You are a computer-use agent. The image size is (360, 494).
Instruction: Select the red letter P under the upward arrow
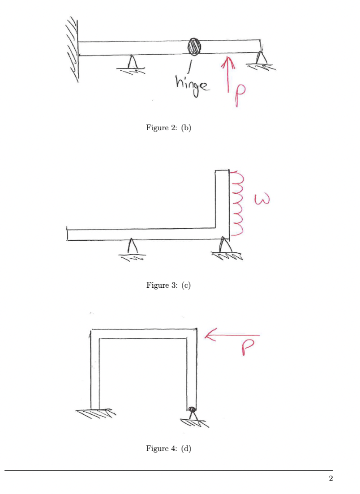pos(236,95)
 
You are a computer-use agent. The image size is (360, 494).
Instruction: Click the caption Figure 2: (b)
pos(169,128)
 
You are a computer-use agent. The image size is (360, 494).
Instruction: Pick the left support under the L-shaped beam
pos(130,249)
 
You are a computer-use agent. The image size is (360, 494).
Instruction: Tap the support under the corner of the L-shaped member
pos(225,248)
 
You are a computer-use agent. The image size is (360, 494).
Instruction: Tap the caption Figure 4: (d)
pos(169,448)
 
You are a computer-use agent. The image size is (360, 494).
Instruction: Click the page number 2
pos(330,479)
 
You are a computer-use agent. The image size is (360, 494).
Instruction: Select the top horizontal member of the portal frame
pos(143,334)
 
